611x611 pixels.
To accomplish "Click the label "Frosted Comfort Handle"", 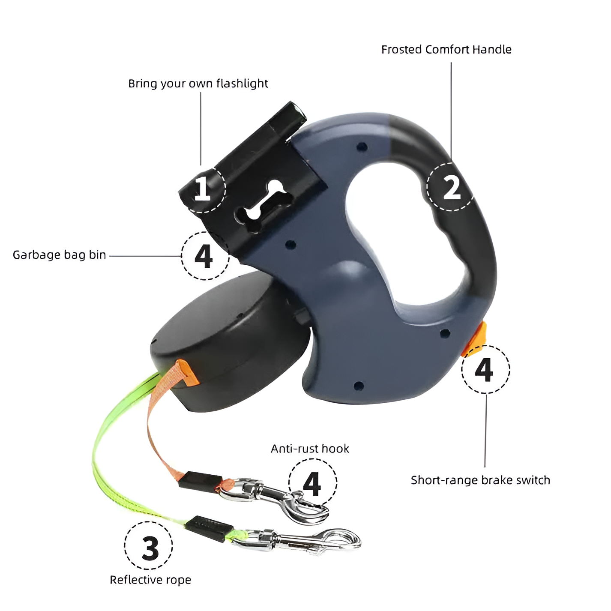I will [x=446, y=50].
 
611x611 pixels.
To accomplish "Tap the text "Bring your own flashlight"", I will [x=198, y=83].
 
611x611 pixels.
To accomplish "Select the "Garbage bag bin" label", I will [x=59, y=255].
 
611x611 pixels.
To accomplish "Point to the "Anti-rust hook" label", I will [x=310, y=449].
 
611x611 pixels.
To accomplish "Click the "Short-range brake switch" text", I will [x=480, y=480].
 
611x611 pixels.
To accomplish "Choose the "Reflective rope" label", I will [x=150, y=580].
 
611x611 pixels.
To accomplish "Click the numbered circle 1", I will [x=202, y=189].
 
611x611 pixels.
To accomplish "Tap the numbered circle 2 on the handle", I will [x=451, y=187].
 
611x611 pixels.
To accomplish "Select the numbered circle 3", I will [x=149, y=546].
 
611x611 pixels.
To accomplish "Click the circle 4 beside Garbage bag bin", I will [x=205, y=256].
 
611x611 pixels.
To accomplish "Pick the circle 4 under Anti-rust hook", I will [x=312, y=483].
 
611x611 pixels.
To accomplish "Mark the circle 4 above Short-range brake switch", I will [x=485, y=369].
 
